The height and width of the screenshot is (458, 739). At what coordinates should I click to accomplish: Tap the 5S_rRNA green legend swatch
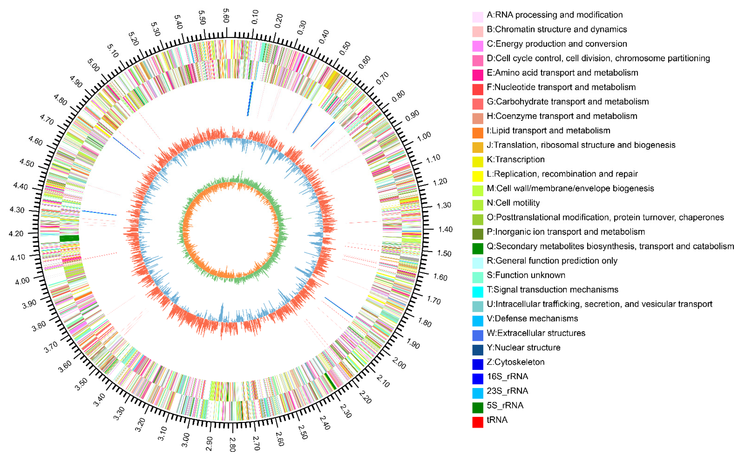click(477, 408)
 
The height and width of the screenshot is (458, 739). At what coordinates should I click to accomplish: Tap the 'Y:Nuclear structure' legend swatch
click(477, 350)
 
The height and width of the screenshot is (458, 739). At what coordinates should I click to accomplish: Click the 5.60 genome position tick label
click(226, 16)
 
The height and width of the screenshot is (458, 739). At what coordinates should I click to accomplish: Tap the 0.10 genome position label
click(255, 17)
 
